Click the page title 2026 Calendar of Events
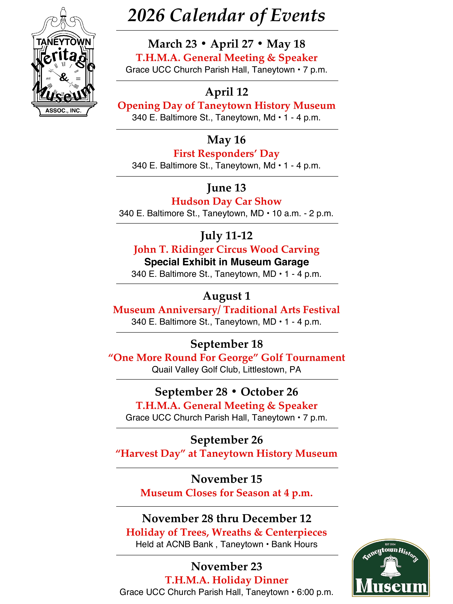click(x=226, y=16)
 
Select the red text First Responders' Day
click(x=226, y=154)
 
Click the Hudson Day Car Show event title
click(x=226, y=201)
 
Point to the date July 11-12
click(x=226, y=236)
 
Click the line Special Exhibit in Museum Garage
click(x=226, y=262)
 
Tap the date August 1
click(x=226, y=296)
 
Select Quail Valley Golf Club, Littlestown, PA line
click(x=226, y=370)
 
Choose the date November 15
click(x=226, y=479)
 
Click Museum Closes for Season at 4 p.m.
click(x=226, y=493)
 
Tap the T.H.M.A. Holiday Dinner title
click(x=226, y=580)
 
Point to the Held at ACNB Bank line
click(x=226, y=544)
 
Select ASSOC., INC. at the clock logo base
click(x=63, y=111)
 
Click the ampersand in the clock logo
click(x=64, y=77)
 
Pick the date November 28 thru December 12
click(x=226, y=518)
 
